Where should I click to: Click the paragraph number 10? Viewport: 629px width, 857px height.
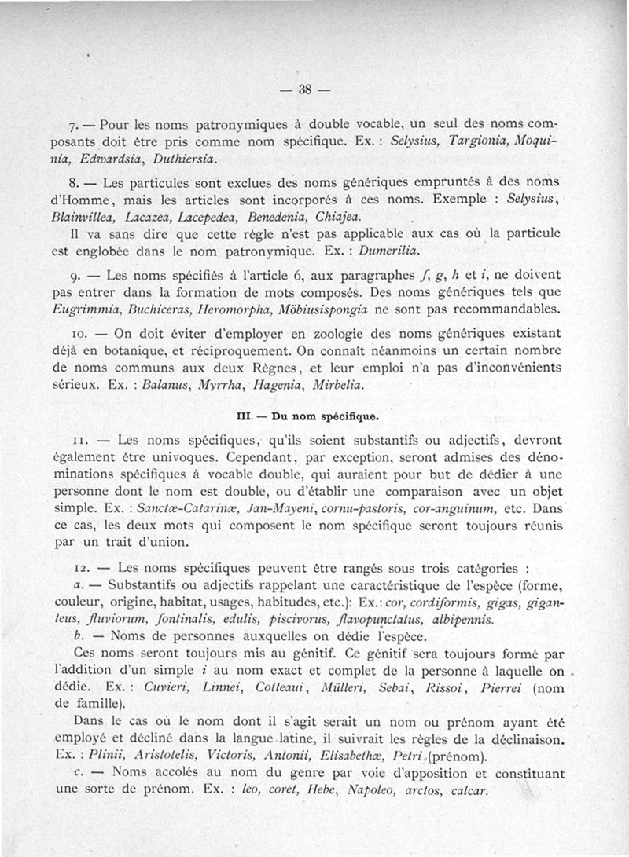(x=78, y=335)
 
